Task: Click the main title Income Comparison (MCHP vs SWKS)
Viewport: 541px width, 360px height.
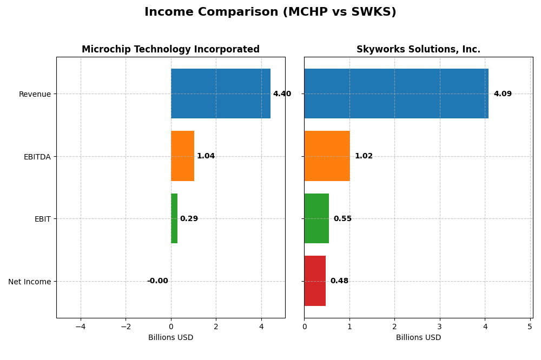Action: tap(270, 12)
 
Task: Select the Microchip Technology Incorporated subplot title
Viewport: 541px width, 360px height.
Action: tap(170, 50)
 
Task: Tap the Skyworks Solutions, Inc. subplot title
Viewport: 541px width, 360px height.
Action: tap(418, 50)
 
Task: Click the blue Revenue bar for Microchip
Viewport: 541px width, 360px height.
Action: tap(220, 94)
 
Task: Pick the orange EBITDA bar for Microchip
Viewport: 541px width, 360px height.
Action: tap(182, 156)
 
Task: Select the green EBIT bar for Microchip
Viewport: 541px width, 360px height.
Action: tap(174, 218)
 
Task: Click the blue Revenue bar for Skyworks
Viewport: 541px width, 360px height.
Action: tap(396, 94)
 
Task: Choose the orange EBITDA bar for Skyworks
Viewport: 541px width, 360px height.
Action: tap(327, 156)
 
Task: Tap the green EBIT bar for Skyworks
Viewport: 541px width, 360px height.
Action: tap(316, 218)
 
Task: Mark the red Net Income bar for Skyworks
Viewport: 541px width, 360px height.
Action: tap(315, 281)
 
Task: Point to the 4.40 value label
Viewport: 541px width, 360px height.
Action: tap(282, 94)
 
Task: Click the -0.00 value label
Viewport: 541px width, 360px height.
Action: tap(157, 281)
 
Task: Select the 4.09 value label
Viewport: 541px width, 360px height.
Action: tap(503, 94)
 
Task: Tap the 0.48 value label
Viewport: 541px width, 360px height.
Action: tap(339, 281)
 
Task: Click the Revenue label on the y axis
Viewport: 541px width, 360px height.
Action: tap(35, 94)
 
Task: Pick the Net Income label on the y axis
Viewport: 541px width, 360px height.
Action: tap(29, 282)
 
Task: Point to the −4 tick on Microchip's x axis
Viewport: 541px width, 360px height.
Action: tap(81, 326)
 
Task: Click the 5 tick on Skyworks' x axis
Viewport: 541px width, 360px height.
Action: tap(530, 326)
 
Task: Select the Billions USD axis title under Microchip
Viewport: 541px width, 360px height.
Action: tap(170, 338)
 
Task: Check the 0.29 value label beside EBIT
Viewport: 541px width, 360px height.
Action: tap(189, 219)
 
